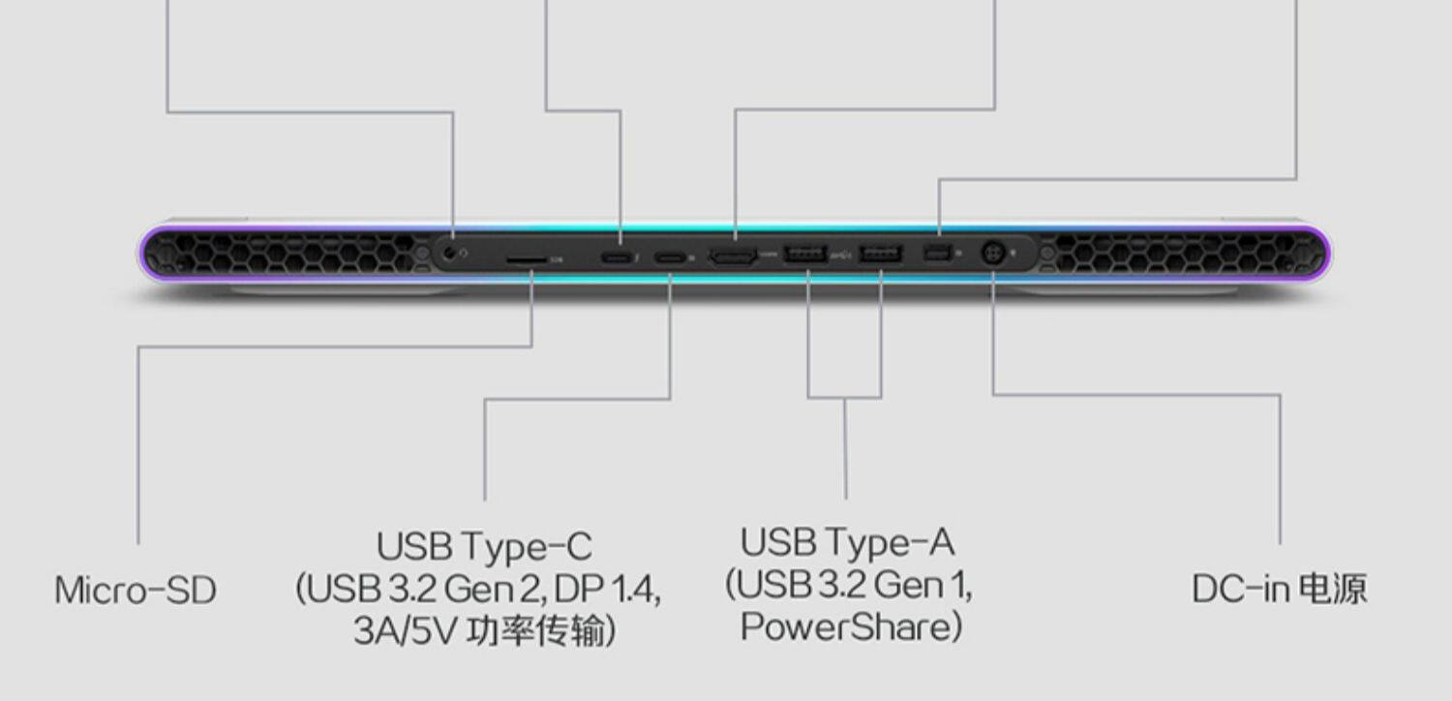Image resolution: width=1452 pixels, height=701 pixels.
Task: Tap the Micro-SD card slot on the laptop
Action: click(x=525, y=259)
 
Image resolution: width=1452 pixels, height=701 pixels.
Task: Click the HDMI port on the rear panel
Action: click(x=734, y=256)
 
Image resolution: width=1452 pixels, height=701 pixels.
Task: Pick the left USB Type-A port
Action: click(x=802, y=255)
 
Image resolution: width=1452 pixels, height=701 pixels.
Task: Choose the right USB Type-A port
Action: click(x=880, y=255)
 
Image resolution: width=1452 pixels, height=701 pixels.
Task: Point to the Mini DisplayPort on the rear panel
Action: click(x=937, y=255)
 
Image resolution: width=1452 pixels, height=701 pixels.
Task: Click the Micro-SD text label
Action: click(x=135, y=590)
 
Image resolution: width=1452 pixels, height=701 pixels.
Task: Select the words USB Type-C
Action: click(x=483, y=546)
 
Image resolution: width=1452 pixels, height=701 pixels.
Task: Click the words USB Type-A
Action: click(x=847, y=542)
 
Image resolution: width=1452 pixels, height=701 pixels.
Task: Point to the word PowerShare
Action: click(x=844, y=626)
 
